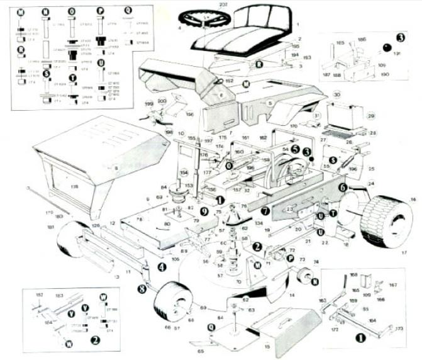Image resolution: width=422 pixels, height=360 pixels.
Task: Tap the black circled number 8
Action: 142,289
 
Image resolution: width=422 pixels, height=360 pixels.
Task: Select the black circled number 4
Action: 162,267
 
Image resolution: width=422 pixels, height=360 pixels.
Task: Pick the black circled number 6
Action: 343,187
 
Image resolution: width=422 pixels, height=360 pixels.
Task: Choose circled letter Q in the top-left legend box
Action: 128,11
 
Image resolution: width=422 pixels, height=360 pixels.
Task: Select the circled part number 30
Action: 336,94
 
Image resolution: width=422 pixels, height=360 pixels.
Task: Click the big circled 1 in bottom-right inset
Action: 361,337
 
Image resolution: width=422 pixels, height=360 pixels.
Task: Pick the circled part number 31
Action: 317,116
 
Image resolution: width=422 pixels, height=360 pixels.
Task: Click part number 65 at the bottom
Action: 201,351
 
